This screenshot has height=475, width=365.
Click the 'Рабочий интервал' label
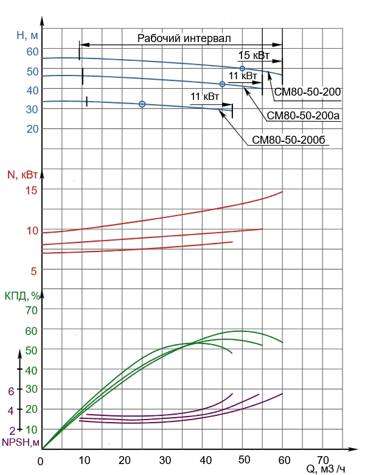pyautogui.click(x=184, y=38)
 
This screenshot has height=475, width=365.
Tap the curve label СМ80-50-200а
pyautogui.click(x=302, y=115)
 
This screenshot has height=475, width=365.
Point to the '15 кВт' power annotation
pyautogui.click(x=254, y=55)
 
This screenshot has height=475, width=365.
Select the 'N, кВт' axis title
pyautogui.click(x=23, y=175)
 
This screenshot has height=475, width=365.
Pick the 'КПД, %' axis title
pyautogui.click(x=23, y=296)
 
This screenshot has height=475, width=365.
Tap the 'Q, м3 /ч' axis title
pyautogui.click(x=325, y=468)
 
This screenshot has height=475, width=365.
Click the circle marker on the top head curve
pyautogui.click(x=242, y=68)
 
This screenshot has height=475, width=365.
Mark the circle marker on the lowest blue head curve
pyautogui.click(x=142, y=104)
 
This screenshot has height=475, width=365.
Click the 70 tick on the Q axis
pyautogui.click(x=322, y=459)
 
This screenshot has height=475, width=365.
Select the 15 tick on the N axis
pyautogui.click(x=31, y=190)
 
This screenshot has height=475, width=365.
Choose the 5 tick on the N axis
pyautogui.click(x=35, y=271)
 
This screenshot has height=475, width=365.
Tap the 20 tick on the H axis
pyautogui.click(x=32, y=128)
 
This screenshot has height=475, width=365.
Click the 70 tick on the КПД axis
pyautogui.click(x=31, y=310)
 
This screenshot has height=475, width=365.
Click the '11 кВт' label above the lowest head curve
pyautogui.click(x=204, y=97)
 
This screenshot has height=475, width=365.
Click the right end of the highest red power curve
pyautogui.click(x=282, y=192)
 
